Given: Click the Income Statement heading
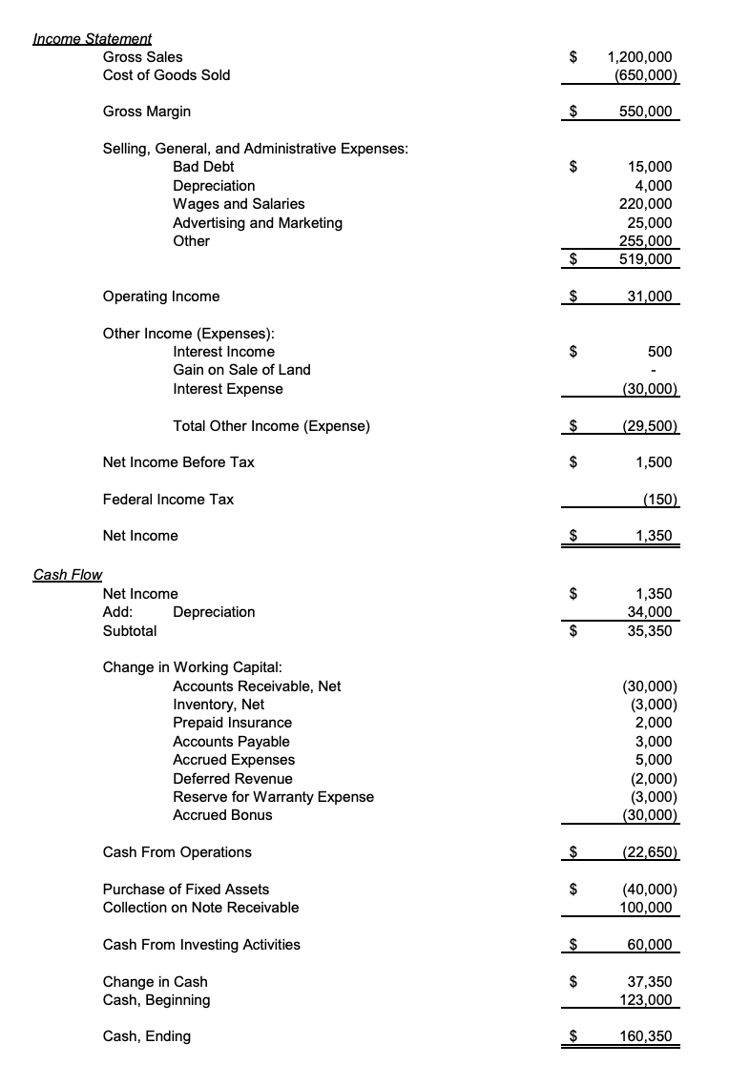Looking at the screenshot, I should pyautogui.click(x=92, y=39).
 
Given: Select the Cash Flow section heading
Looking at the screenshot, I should pyautogui.click(x=67, y=575).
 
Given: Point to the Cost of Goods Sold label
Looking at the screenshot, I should pyautogui.click(x=166, y=75).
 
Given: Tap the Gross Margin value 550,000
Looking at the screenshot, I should pyautogui.click(x=646, y=112).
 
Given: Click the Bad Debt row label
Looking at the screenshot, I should pyautogui.click(x=203, y=167).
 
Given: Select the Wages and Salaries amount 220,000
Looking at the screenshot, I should pyautogui.click(x=646, y=204).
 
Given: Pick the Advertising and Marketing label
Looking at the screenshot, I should pyautogui.click(x=257, y=222).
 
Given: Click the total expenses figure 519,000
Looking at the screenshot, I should pyautogui.click(x=646, y=259).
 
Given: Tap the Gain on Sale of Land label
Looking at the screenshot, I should pyautogui.click(x=241, y=370).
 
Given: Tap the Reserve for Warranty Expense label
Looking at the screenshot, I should pyautogui.click(x=273, y=796).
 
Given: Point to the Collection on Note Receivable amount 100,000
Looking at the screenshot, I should pyautogui.click(x=646, y=908).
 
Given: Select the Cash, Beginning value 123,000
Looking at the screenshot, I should pyautogui.click(x=646, y=1000).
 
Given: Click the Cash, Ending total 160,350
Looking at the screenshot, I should pyautogui.click(x=646, y=1036).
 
